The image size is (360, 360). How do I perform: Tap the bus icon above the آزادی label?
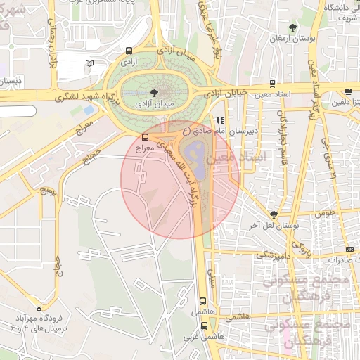click(x=128, y=51)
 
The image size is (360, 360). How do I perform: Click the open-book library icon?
click(x=89, y=64)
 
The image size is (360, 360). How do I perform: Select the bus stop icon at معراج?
click(x=146, y=137)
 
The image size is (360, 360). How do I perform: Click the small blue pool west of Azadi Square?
click(x=87, y=110)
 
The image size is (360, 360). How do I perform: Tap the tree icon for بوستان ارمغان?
click(x=292, y=27)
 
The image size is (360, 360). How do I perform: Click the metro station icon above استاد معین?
click(x=272, y=82)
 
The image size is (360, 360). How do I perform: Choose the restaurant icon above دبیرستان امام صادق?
click(x=220, y=120)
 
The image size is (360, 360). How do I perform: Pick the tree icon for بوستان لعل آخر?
click(x=274, y=214)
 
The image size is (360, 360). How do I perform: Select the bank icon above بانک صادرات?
click(x=349, y=250)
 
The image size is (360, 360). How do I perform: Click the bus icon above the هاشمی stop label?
click(x=203, y=300)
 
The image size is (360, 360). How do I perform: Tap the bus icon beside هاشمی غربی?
click(x=205, y=326)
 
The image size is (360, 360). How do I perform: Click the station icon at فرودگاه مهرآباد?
click(x=39, y=307)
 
